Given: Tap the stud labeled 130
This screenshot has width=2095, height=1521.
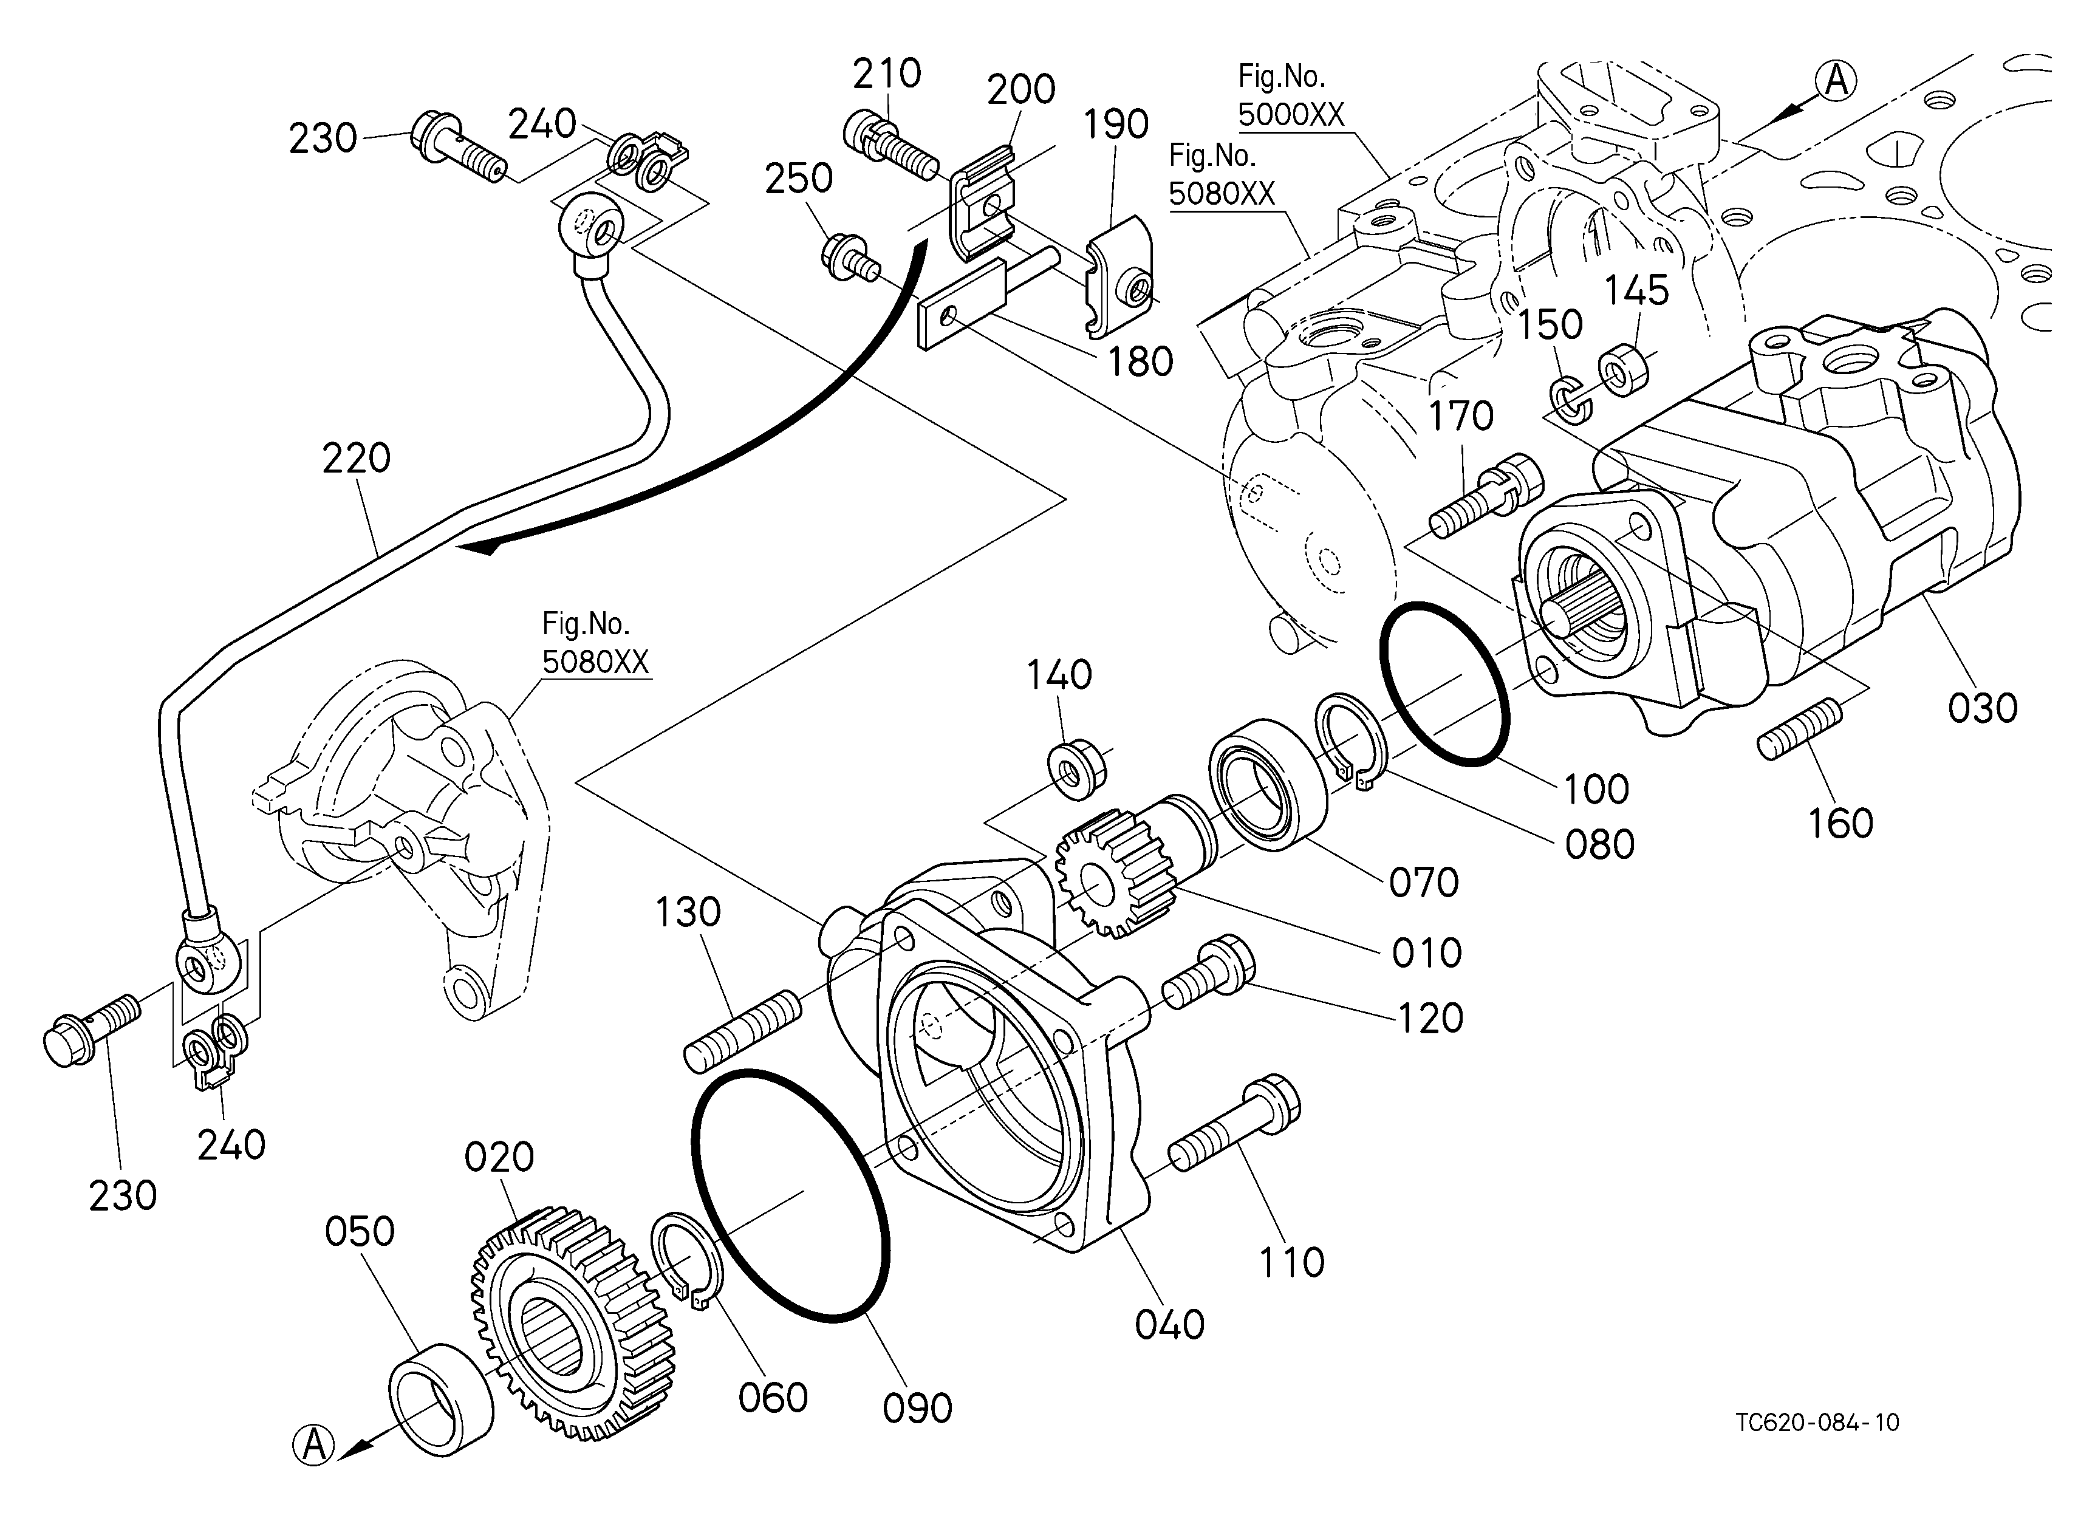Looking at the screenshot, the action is tap(742, 1031).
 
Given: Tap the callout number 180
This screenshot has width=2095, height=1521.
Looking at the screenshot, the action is tap(1140, 363).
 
